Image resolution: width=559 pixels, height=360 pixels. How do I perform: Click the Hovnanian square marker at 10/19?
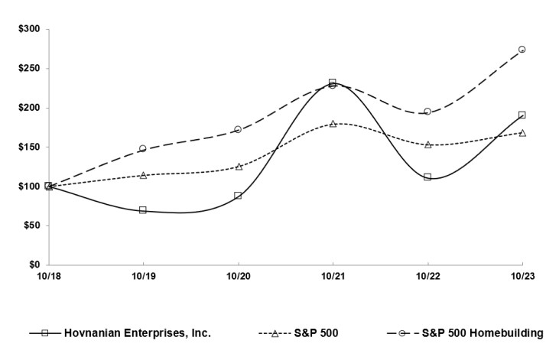click(x=143, y=209)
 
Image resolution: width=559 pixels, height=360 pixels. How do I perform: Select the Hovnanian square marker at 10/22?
click(x=427, y=177)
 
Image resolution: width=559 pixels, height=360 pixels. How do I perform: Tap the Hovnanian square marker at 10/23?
click(x=522, y=115)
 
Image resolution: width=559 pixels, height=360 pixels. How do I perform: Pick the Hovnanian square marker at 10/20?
click(x=238, y=196)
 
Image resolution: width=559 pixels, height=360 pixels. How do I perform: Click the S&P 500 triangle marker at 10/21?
click(x=333, y=123)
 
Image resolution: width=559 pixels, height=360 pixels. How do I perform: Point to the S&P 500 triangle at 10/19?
click(x=143, y=175)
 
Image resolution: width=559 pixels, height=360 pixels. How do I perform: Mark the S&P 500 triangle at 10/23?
click(x=522, y=132)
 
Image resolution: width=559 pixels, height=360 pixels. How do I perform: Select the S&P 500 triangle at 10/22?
click(x=427, y=144)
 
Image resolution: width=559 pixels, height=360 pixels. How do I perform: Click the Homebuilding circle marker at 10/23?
click(x=522, y=49)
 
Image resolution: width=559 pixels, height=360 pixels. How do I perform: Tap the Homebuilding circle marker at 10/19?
click(x=143, y=148)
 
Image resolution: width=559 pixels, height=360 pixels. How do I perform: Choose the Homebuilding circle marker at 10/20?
click(x=238, y=129)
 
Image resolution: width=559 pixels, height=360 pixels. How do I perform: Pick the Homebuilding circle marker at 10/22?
click(x=427, y=112)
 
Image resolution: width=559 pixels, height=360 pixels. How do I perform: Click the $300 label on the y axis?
click(x=31, y=29)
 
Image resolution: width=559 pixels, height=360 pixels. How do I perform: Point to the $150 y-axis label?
click(x=31, y=147)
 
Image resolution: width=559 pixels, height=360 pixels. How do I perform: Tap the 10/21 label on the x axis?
click(x=333, y=275)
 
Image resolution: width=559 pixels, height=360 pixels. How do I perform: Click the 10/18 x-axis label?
click(x=48, y=275)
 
